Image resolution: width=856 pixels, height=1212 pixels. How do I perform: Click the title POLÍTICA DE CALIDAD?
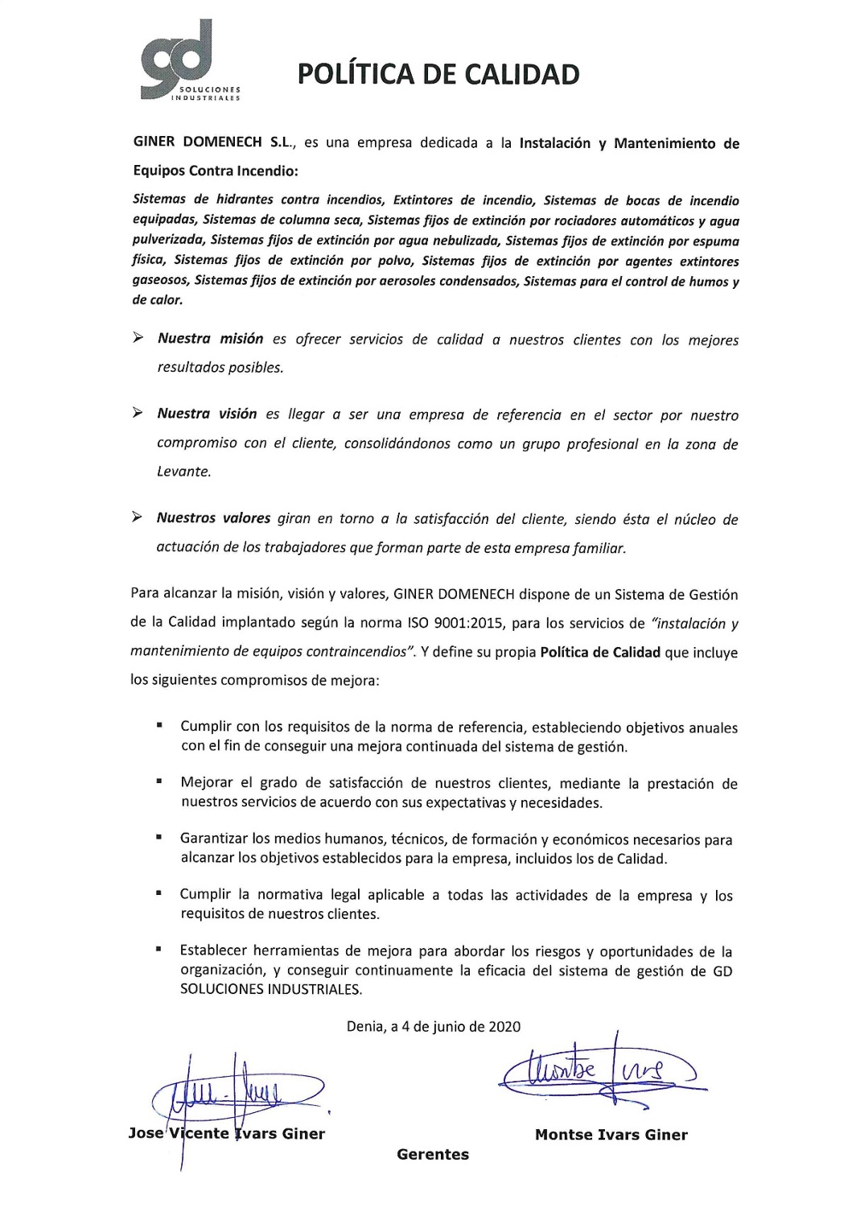pyautogui.click(x=438, y=75)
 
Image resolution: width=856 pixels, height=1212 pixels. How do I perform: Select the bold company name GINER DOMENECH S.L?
pyautogui.click(x=215, y=143)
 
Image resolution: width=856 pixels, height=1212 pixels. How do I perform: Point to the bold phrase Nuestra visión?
pyautogui.click(x=207, y=414)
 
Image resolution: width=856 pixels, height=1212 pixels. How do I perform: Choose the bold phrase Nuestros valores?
pyautogui.click(x=213, y=518)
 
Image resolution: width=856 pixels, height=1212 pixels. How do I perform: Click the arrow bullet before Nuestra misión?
pyautogui.click(x=138, y=338)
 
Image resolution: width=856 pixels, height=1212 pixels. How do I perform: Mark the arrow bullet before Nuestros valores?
pyautogui.click(x=138, y=517)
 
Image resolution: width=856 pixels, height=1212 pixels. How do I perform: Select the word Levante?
pyautogui.click(x=183, y=472)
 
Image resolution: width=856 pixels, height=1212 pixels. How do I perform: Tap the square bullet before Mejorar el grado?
pyautogui.click(x=160, y=781)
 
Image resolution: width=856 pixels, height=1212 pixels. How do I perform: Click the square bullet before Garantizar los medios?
pyautogui.click(x=160, y=837)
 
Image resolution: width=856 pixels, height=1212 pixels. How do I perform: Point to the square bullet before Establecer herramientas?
pyautogui.click(x=160, y=950)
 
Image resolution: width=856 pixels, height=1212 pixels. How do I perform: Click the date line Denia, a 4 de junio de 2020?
pyautogui.click(x=434, y=1026)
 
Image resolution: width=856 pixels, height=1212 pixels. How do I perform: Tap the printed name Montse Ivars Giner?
pyautogui.click(x=611, y=1135)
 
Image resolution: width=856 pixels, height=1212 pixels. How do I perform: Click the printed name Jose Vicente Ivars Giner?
pyautogui.click(x=227, y=1134)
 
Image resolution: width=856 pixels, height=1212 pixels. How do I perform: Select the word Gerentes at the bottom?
pyautogui.click(x=433, y=1155)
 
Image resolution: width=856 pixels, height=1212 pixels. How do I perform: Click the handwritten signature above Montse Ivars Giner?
pyautogui.click(x=599, y=1070)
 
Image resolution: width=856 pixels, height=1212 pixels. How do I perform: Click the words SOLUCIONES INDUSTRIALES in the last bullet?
pyautogui.click(x=271, y=989)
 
